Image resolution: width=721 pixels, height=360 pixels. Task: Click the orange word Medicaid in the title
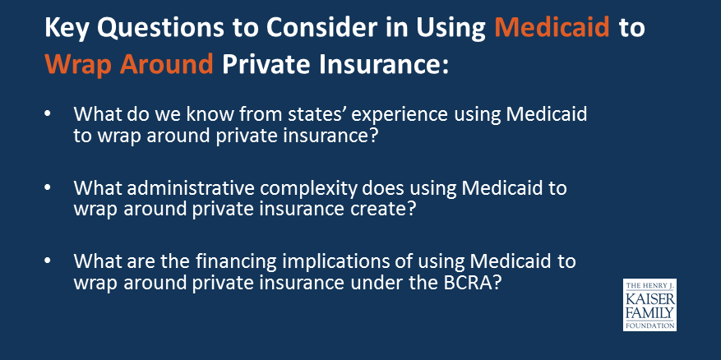pos(552,29)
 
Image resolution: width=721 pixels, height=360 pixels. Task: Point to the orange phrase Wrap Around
pos(129,65)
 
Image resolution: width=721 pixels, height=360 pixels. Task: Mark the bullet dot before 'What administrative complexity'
pos(49,189)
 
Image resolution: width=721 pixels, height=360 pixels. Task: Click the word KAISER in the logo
pos(649,300)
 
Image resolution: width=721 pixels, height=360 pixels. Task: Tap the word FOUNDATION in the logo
pos(649,325)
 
